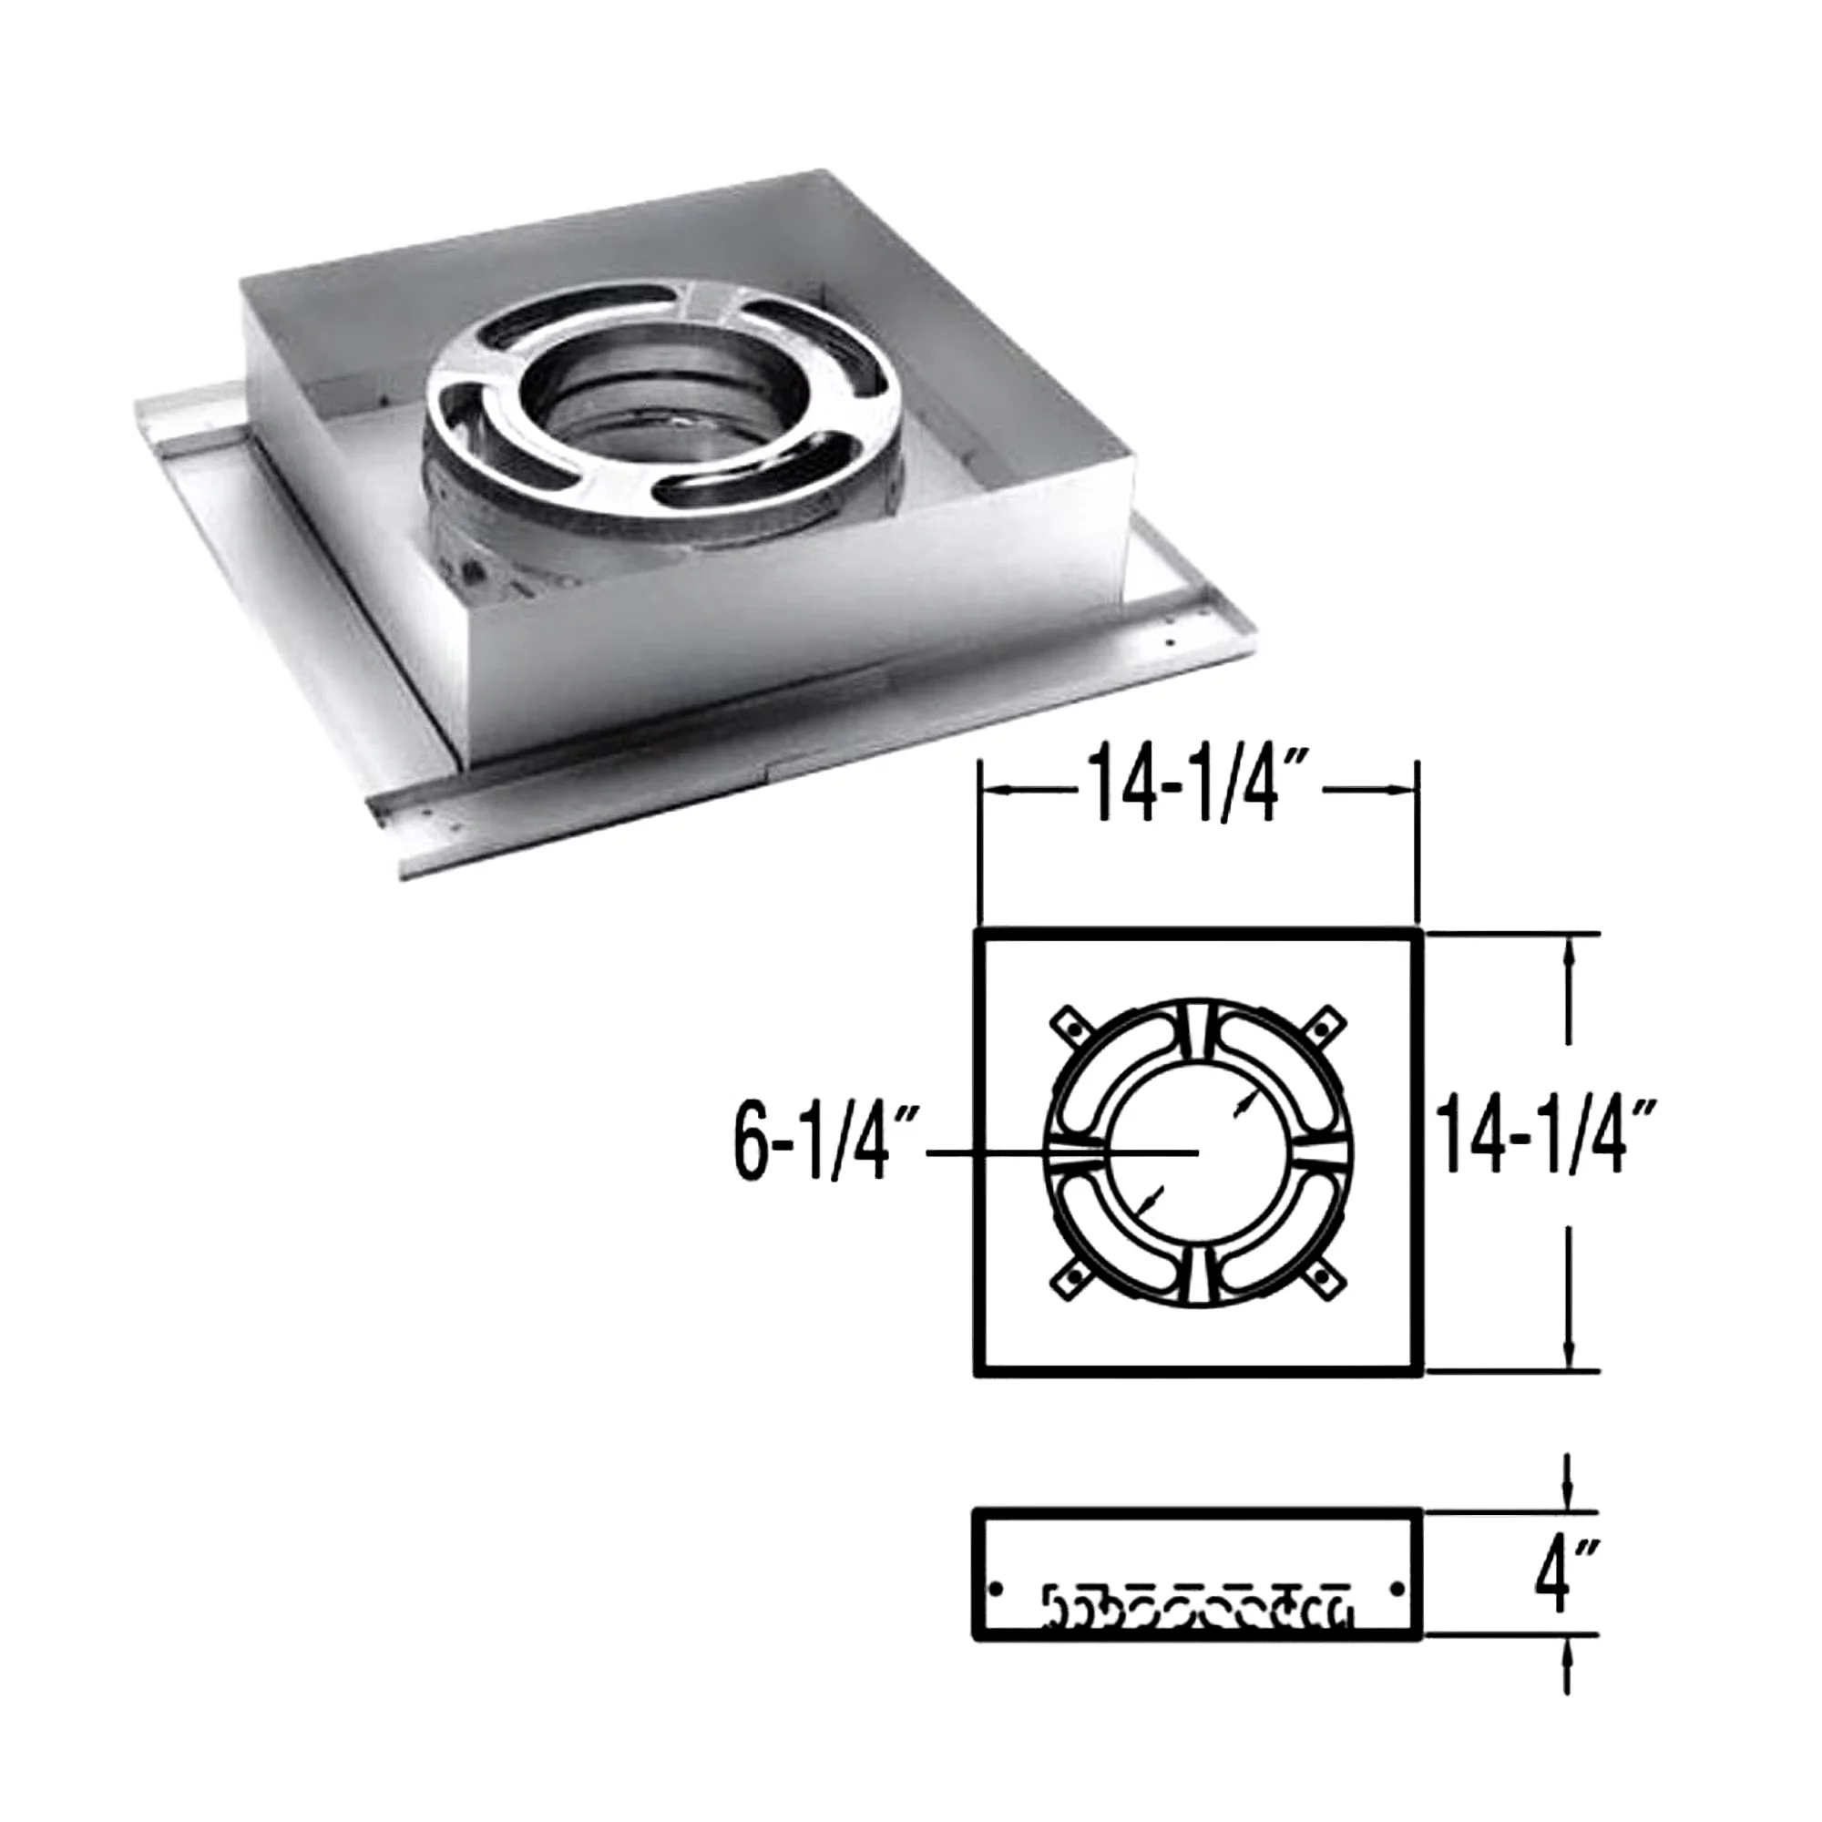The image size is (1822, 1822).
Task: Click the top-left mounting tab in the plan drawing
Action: (1069, 1022)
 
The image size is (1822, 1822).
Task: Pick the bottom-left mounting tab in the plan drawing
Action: (1069, 1279)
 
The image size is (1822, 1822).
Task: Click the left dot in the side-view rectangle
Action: (996, 1589)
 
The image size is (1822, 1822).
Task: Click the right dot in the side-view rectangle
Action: (1397, 1589)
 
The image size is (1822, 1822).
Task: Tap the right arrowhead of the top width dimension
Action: (1405, 790)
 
